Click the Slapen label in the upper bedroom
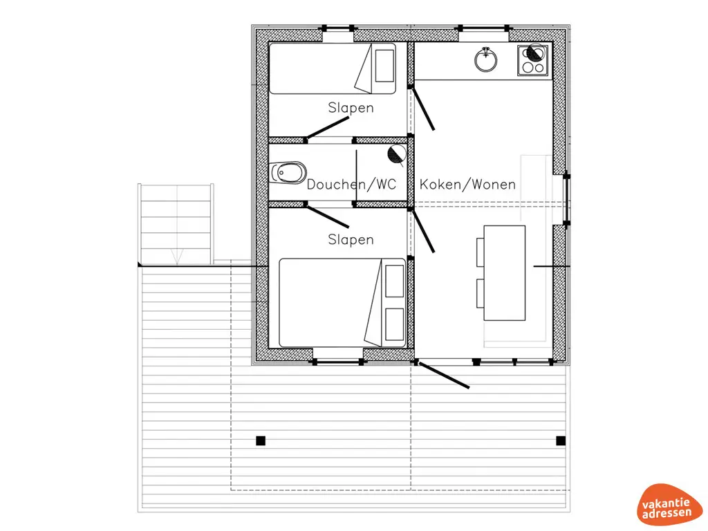coord(351,108)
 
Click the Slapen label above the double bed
coord(351,239)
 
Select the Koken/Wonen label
coord(468,185)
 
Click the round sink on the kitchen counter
coord(487,60)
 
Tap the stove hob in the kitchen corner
coord(532,60)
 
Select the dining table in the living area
coord(504,272)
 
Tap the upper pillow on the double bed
coord(395,279)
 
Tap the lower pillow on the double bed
coord(395,325)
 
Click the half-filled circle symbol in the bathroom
coord(396,155)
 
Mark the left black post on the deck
coord(261,440)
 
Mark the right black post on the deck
coord(561,440)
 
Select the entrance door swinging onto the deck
coord(442,374)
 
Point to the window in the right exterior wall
coord(567,198)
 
